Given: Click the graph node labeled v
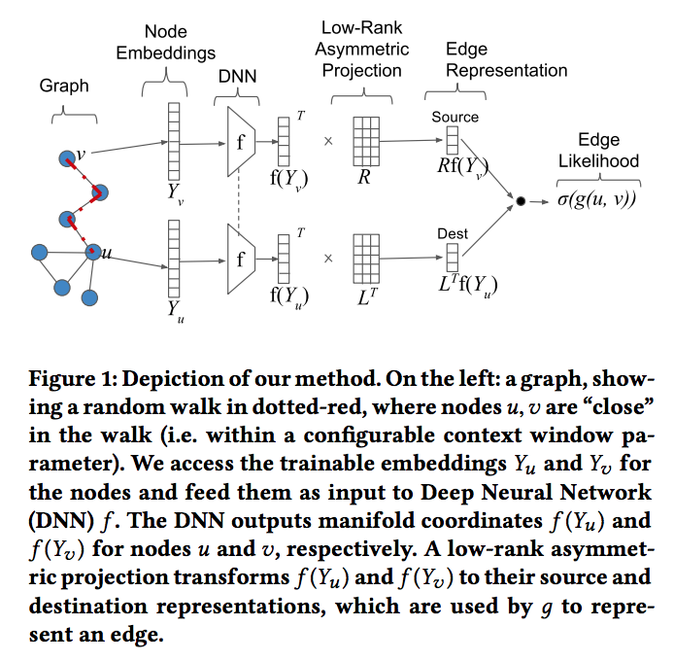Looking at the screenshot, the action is (x=67, y=158).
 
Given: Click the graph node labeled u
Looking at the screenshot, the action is (x=93, y=252).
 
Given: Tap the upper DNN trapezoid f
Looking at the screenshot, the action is (x=241, y=142).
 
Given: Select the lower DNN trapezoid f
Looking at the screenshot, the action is (x=241, y=260).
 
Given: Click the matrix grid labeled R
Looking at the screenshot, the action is (x=366, y=141).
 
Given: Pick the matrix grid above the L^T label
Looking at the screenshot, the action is (x=366, y=259).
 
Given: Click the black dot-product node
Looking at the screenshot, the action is (x=521, y=201).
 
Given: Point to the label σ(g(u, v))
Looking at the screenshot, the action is (x=596, y=199).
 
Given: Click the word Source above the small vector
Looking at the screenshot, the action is (x=455, y=117).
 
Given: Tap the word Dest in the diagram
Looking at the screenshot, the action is (x=453, y=233).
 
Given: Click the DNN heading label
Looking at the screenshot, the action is (x=237, y=76).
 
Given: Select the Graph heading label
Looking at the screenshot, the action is (x=64, y=86).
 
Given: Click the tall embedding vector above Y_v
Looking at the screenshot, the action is (x=174, y=141).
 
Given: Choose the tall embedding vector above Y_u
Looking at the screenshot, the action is (x=174, y=259).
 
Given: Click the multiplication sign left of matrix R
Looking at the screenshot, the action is (x=328, y=141).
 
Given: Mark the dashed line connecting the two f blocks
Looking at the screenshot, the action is (x=239, y=200).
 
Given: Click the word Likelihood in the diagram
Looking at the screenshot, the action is (x=599, y=161).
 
